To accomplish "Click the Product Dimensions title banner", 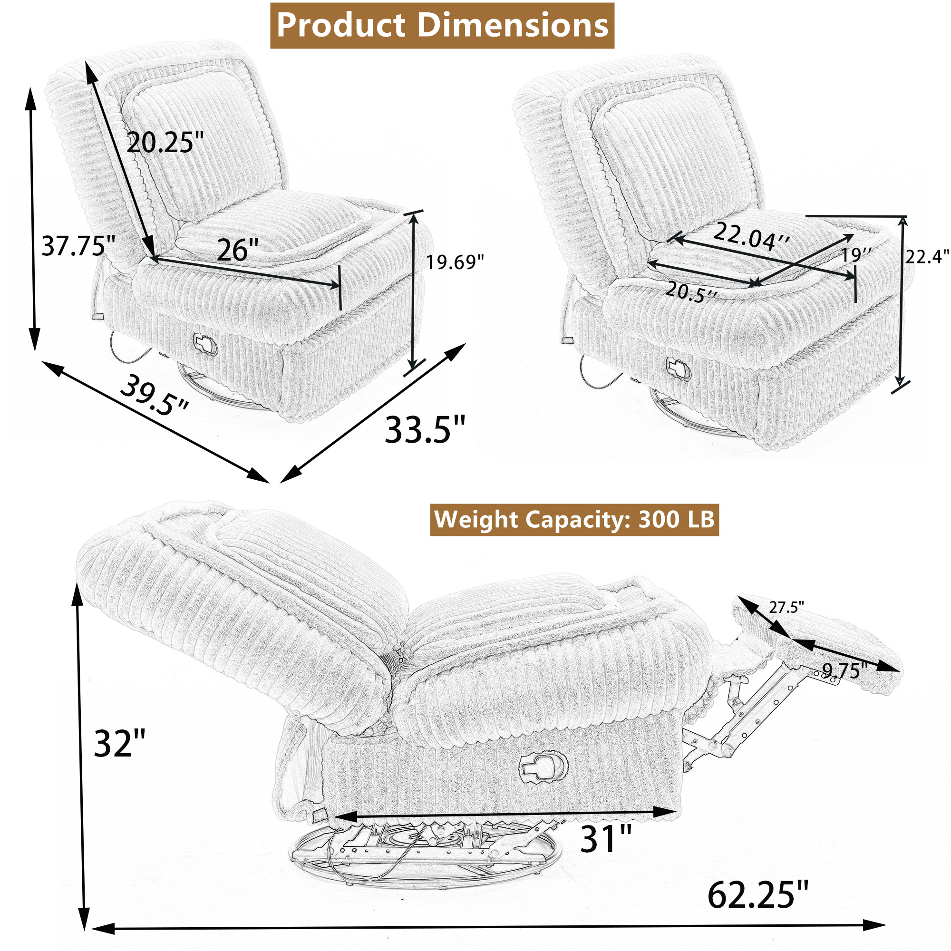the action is coord(442,26).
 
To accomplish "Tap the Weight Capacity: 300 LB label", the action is coord(574,520).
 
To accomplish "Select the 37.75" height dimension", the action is coord(78,246).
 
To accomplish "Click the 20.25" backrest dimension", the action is coord(165,143).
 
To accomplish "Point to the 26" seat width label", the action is coord(238,250).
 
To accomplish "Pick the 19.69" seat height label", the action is coord(455,262).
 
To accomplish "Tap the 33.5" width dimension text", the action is coord(425,430).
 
